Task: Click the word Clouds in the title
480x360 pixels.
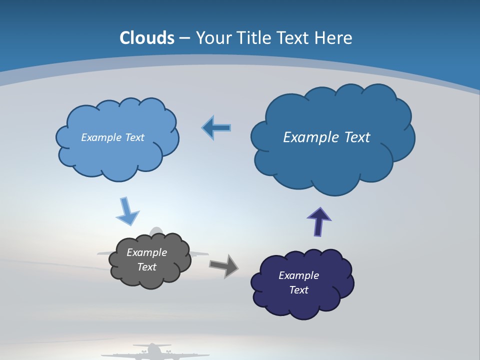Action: [x=147, y=38]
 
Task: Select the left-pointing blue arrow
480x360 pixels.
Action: [x=217, y=128]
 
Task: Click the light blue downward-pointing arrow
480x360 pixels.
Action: [x=127, y=212]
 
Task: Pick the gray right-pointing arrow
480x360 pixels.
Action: [x=224, y=265]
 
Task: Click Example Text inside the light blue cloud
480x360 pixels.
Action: [x=112, y=137]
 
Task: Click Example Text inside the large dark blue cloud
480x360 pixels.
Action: [x=326, y=137]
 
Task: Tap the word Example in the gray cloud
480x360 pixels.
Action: [x=146, y=252]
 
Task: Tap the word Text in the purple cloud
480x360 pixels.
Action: [x=298, y=290]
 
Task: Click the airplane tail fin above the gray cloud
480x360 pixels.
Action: [x=156, y=231]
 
